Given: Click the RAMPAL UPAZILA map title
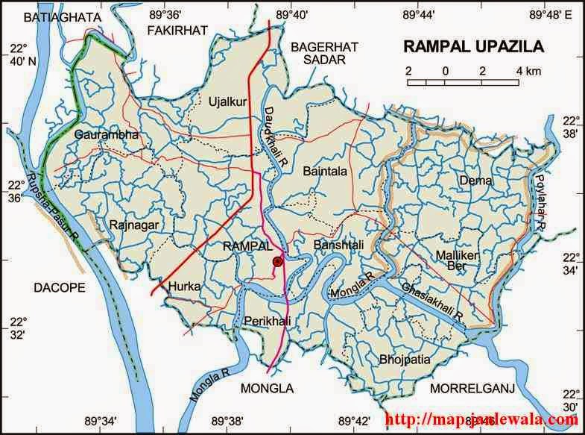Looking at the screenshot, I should pyautogui.click(x=473, y=46).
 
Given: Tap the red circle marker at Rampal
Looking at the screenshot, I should pyautogui.click(x=278, y=261).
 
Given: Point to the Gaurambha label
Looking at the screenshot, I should pyautogui.click(x=107, y=135).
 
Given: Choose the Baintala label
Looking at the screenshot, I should pyautogui.click(x=325, y=171).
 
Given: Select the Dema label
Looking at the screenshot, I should pyautogui.click(x=475, y=180).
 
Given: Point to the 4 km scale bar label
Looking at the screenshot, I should pyautogui.click(x=525, y=71).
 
